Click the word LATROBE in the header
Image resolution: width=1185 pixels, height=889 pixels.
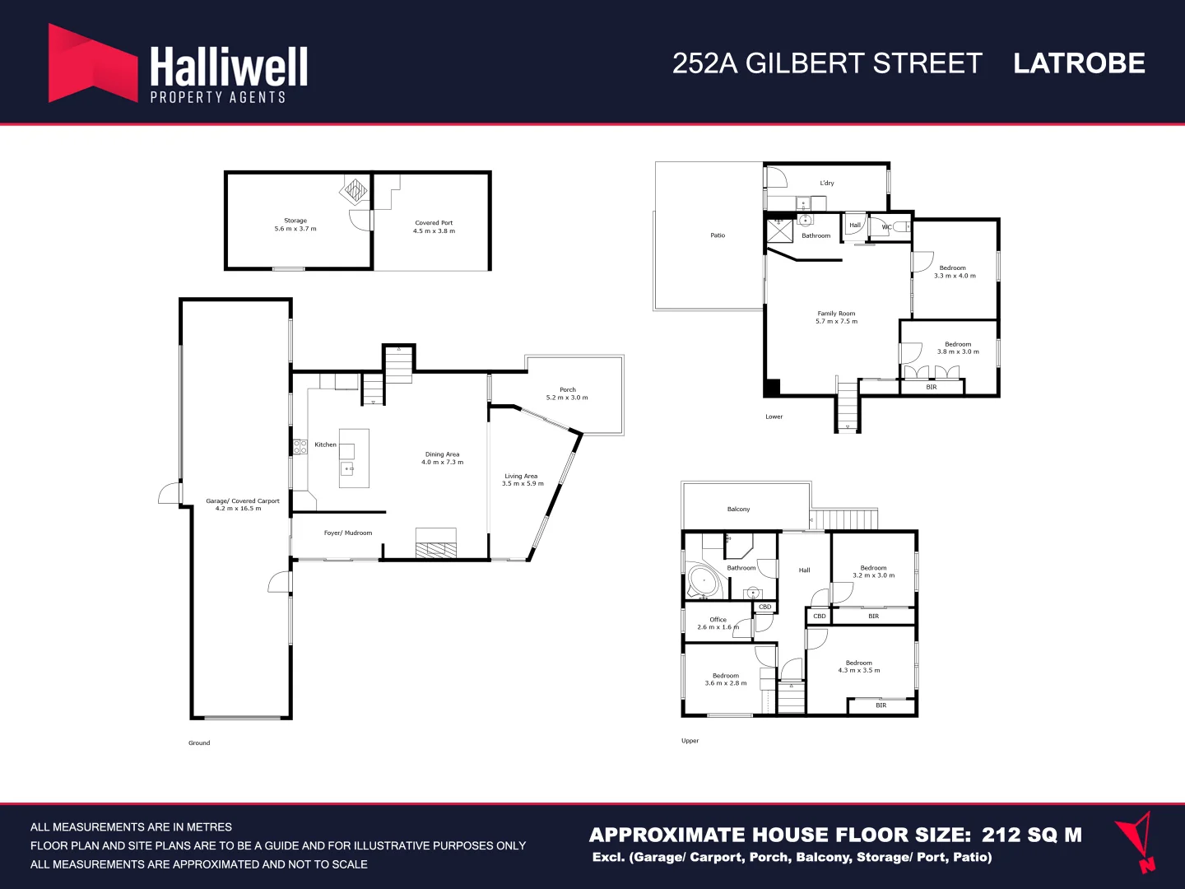(1079, 63)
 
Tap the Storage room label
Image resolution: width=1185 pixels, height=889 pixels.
(295, 221)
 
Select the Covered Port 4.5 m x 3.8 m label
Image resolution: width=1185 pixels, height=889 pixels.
(434, 227)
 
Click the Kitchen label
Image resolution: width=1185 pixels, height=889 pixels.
(325, 444)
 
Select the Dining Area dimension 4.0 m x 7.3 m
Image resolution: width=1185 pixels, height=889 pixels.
(442, 463)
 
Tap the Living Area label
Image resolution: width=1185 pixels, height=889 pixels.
(521, 476)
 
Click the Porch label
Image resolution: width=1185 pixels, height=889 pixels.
(568, 389)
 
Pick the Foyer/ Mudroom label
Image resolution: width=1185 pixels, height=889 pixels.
(348, 533)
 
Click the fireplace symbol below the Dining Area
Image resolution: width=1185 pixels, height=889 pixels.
(435, 544)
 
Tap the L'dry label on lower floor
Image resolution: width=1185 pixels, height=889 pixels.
(826, 184)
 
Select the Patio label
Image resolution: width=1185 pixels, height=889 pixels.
(718, 235)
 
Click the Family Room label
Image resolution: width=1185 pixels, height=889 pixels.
(836, 314)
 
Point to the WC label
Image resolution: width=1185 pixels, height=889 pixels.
(886, 227)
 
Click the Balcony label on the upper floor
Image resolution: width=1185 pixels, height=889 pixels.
(738, 510)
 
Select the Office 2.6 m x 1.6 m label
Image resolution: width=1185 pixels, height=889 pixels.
(718, 623)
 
